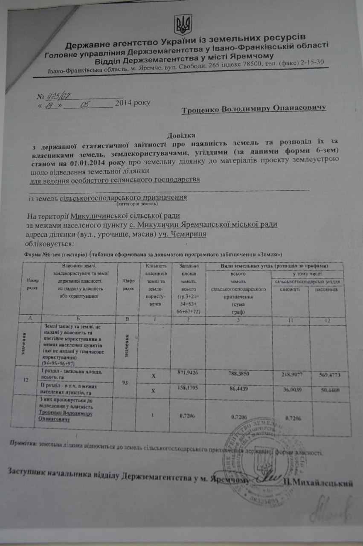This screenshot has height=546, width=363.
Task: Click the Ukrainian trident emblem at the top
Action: point(183,24)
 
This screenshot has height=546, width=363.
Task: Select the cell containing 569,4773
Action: point(330,376)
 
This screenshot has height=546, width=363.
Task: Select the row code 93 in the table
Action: point(125,383)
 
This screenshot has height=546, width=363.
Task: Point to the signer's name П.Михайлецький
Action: point(319,483)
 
